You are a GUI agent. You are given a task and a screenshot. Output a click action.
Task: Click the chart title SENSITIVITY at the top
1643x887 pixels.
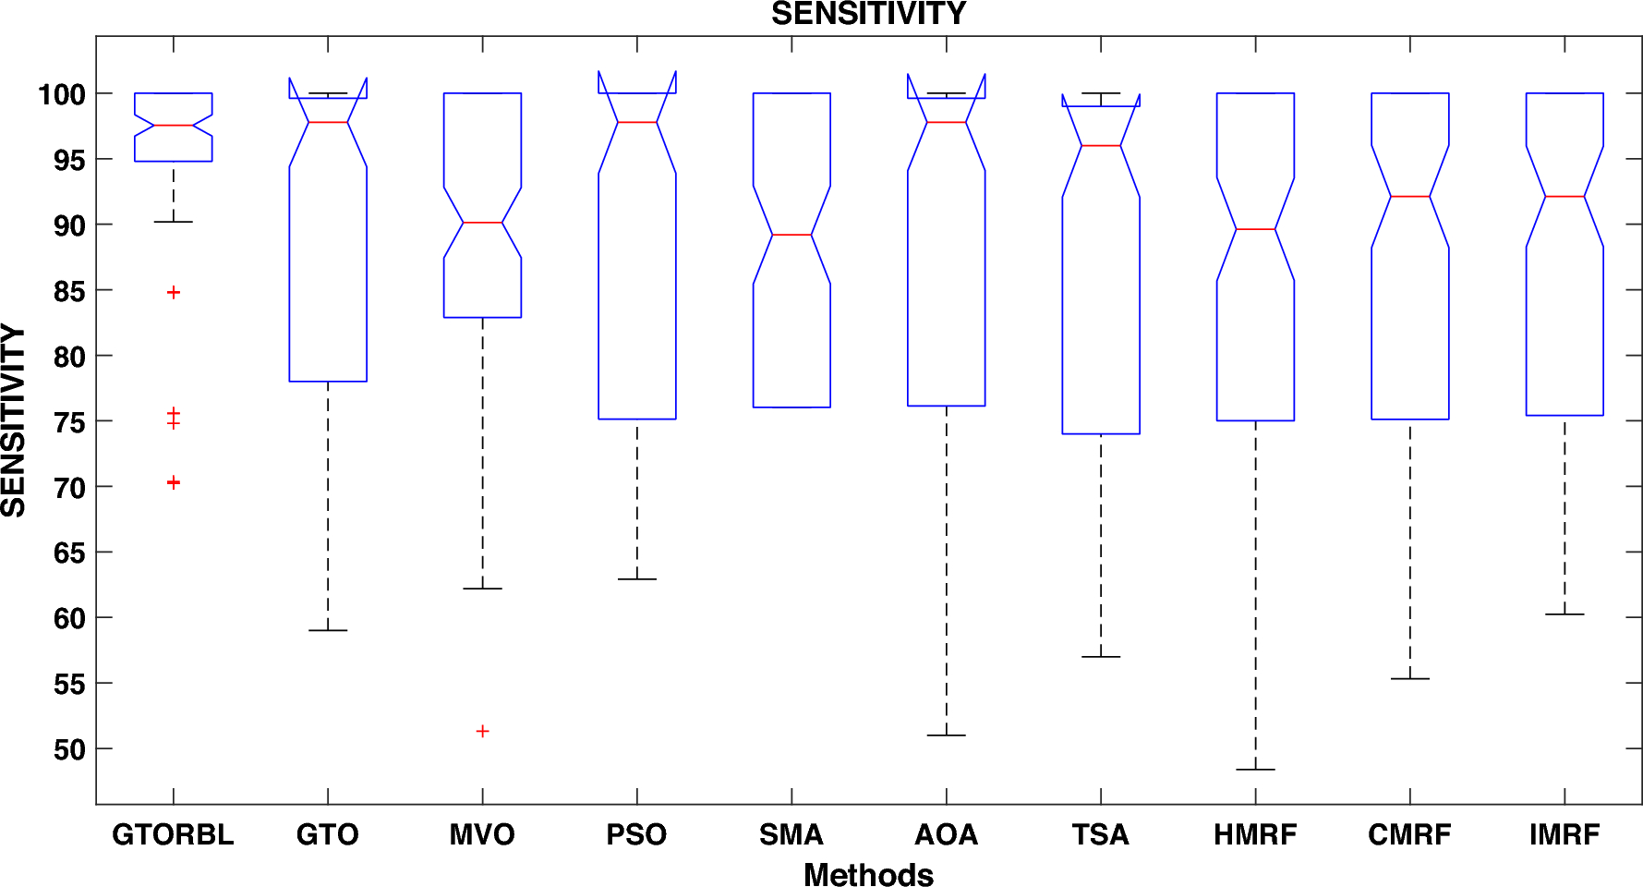click(868, 14)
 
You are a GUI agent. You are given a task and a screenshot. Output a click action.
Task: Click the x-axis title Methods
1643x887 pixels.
click(868, 874)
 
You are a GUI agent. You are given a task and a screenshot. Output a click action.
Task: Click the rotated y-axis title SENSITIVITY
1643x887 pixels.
click(14, 420)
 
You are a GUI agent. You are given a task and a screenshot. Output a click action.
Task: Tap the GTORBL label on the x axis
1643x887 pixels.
click(173, 834)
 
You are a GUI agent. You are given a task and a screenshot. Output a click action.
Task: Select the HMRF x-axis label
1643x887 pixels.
click(1255, 834)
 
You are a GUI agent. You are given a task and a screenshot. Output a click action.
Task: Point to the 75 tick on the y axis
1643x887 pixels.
click(68, 422)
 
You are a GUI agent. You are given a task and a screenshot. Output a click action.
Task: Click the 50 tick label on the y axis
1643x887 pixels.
click(68, 749)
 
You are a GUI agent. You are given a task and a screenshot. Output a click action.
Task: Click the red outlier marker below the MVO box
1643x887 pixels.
click(482, 731)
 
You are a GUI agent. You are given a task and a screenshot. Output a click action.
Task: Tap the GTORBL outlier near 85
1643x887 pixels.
click(173, 292)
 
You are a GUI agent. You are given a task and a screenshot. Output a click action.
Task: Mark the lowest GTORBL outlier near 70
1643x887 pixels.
click(173, 482)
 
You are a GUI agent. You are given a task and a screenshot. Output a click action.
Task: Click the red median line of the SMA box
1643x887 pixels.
click(791, 235)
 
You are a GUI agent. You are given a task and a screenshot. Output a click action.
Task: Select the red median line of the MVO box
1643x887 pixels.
click(482, 223)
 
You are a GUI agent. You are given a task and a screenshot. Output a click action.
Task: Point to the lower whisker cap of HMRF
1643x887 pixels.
click(1255, 770)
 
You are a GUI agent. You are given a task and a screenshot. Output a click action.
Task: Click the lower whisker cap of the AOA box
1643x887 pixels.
click(946, 735)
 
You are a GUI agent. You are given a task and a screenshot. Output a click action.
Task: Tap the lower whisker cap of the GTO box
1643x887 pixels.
click(328, 630)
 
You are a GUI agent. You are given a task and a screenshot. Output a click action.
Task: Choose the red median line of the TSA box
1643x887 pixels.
click(1101, 146)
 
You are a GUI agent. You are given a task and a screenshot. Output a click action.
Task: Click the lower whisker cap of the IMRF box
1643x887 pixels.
click(1564, 614)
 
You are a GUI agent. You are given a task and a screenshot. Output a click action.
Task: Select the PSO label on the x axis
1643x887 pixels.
click(636, 834)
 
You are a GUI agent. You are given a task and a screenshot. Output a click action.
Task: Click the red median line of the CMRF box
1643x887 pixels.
click(1409, 197)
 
